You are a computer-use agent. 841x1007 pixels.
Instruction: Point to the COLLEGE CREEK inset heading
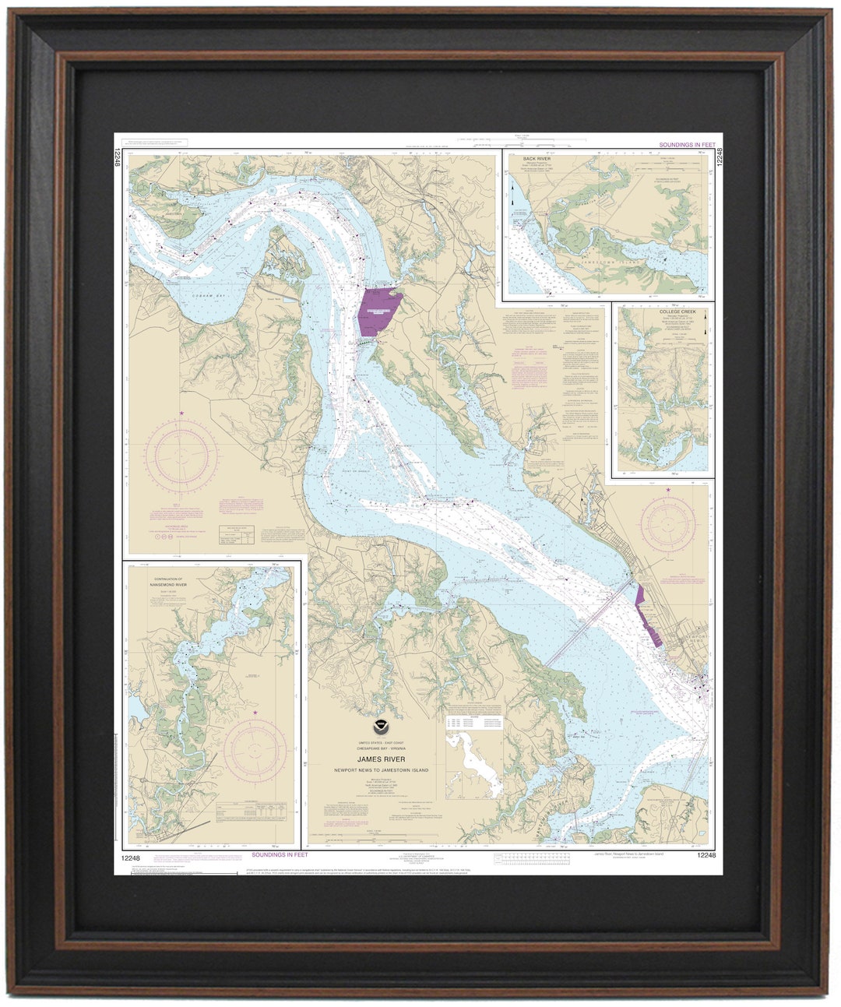pos(673,311)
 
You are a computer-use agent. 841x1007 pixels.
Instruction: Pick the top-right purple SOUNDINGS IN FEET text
pos(686,145)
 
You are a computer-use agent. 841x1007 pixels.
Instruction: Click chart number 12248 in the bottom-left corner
pos(130,856)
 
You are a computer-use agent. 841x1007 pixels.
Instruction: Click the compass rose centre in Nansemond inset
pos(255,750)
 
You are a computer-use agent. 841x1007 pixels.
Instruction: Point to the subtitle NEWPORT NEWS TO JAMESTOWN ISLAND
pos(381,770)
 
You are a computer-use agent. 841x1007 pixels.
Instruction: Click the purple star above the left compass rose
pos(182,413)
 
